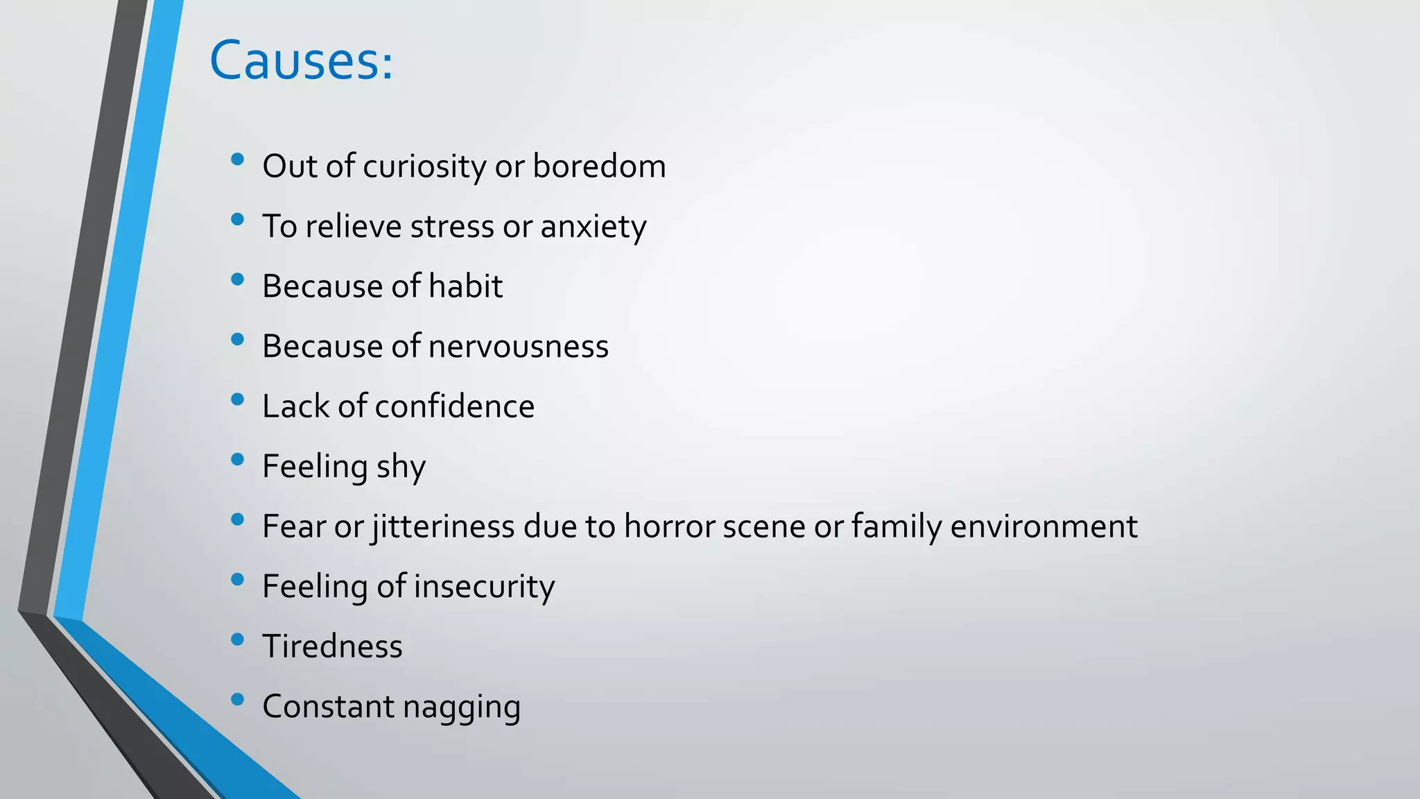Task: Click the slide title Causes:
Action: coord(301,61)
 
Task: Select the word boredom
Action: coord(599,166)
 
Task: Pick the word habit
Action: coord(465,286)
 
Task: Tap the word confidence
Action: coord(454,406)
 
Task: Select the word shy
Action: coord(401,467)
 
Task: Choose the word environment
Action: coord(1044,526)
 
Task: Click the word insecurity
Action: coord(485,587)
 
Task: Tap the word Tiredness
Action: coord(332,646)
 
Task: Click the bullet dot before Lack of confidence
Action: coord(238,399)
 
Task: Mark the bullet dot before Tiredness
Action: coord(238,639)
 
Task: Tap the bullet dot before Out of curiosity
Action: coord(238,160)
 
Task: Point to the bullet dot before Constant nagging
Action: coord(238,699)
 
